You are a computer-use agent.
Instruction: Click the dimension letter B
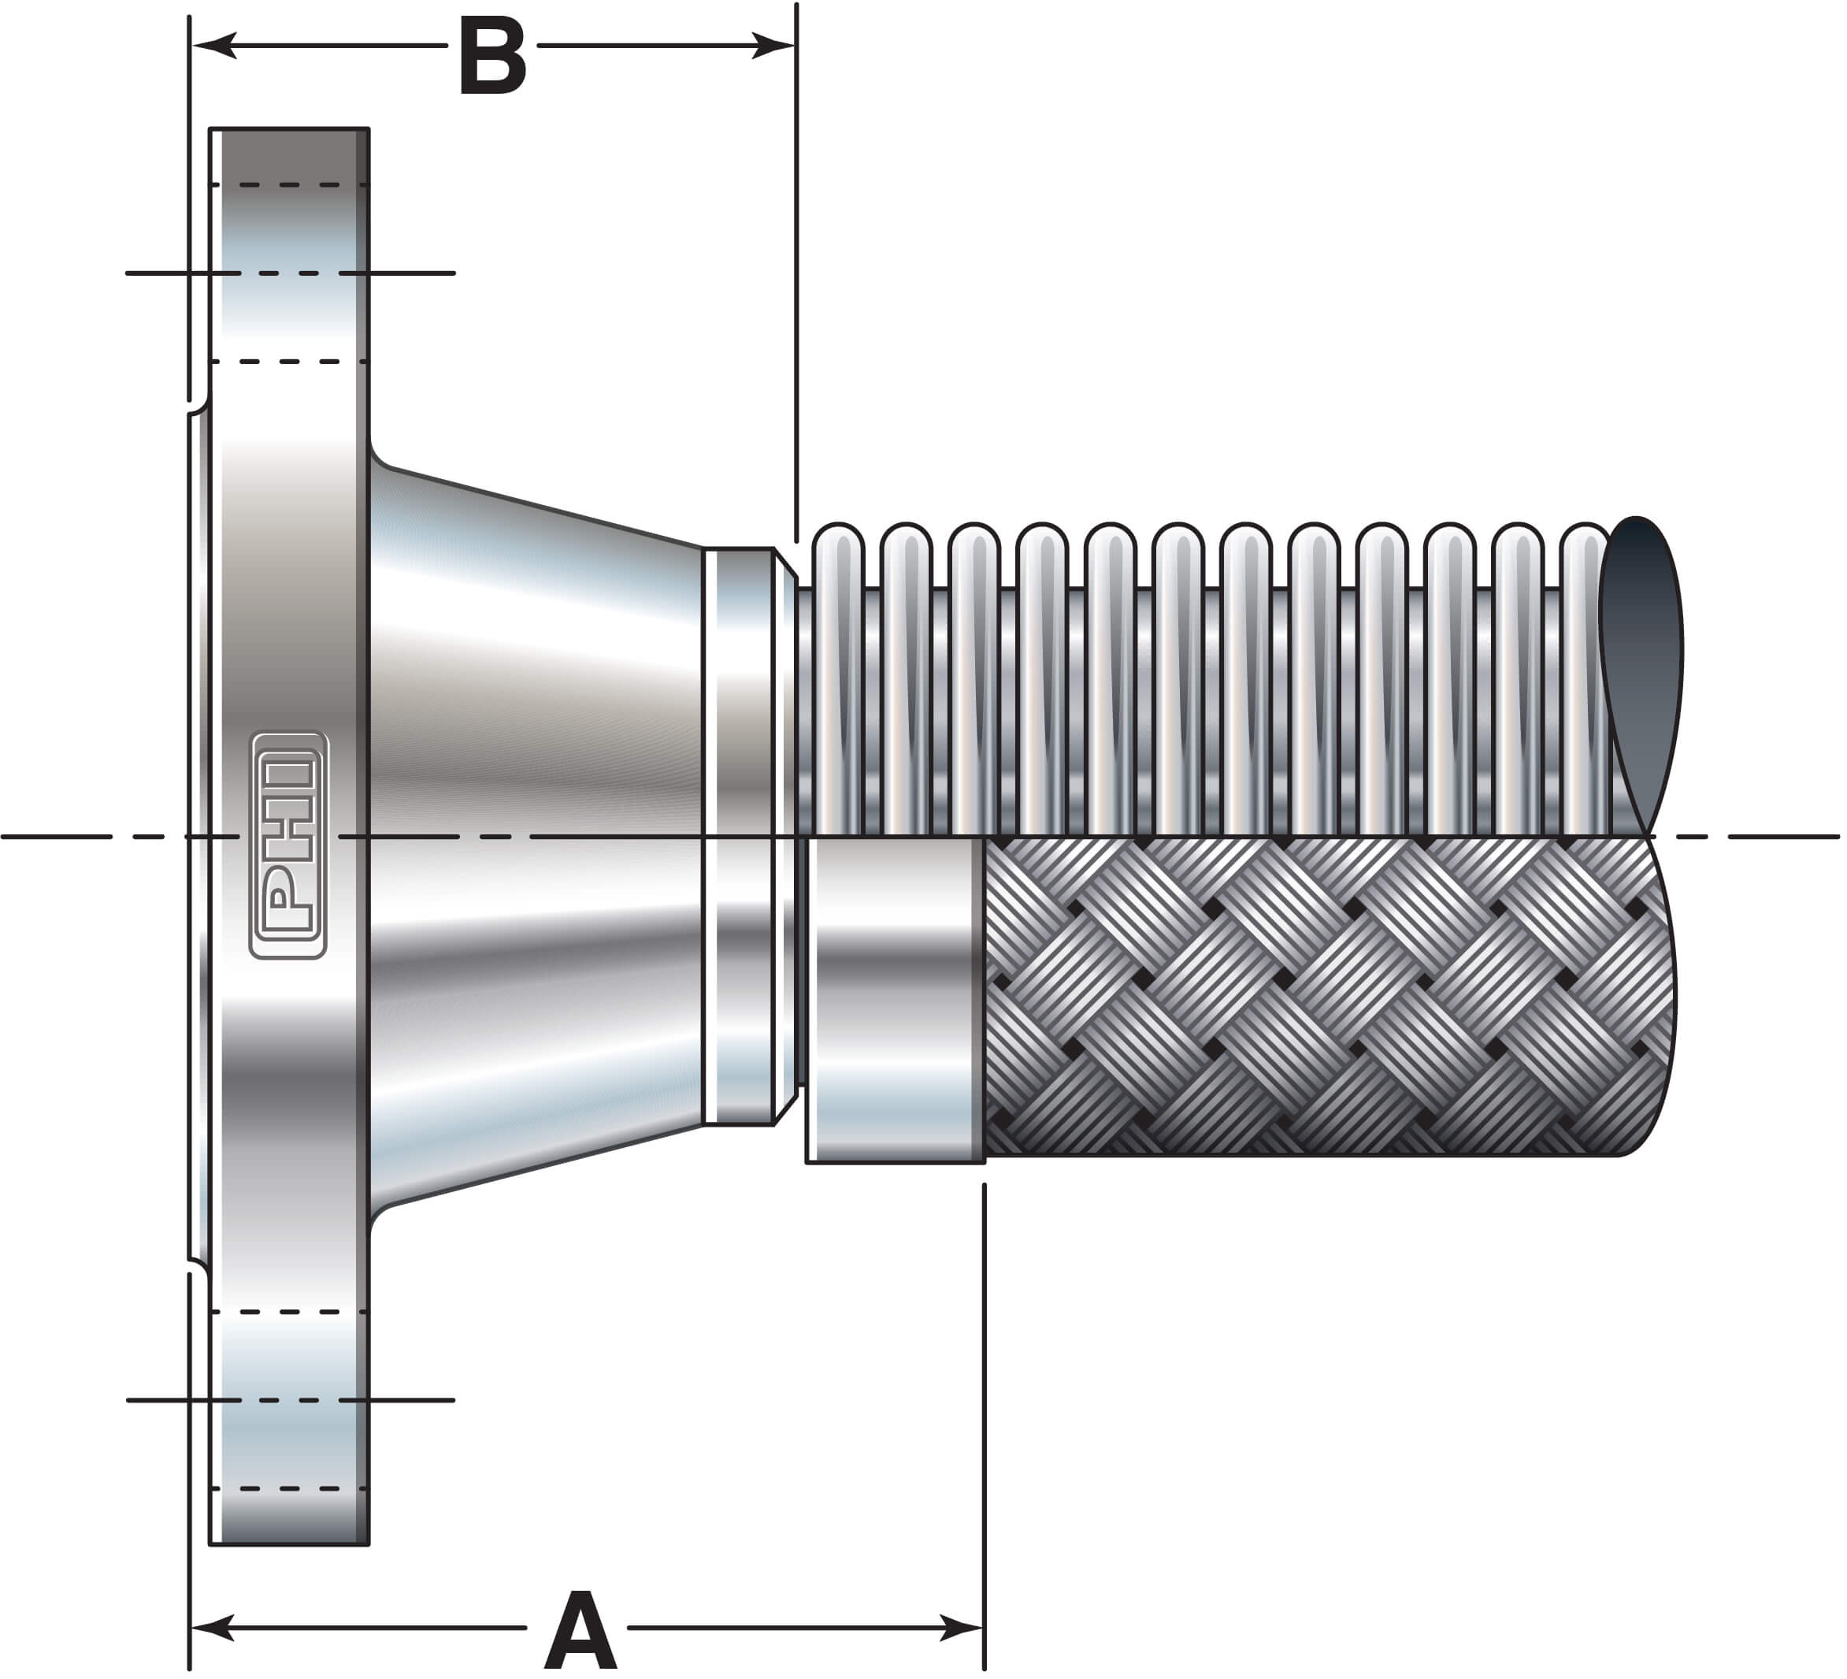[x=493, y=57]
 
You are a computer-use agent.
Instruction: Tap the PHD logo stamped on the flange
[x=287, y=844]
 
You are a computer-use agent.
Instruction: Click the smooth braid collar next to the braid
[x=893, y=999]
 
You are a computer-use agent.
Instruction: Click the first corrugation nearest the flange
[x=837, y=678]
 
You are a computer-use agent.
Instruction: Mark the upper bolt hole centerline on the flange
[x=290, y=273]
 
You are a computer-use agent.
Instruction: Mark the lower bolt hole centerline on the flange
[x=290, y=1399]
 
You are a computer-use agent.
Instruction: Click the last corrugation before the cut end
[x=1583, y=678]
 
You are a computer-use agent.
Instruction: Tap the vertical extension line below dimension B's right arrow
[x=797, y=275]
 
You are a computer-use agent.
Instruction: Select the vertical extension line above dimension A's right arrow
[x=985, y=1375]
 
